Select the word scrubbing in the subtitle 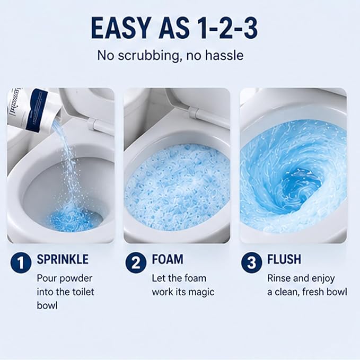(148, 56)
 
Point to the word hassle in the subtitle (224, 55)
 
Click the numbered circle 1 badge (21, 263)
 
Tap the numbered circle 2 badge (136, 263)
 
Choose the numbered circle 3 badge (252, 263)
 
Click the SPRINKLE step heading (63, 259)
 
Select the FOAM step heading (168, 259)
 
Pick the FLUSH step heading (284, 259)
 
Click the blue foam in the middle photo (177, 187)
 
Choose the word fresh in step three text (316, 292)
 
